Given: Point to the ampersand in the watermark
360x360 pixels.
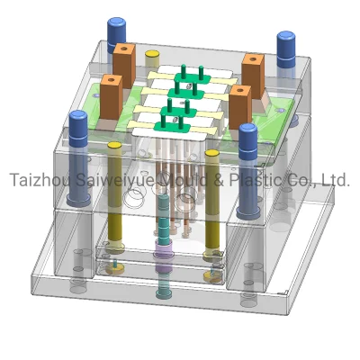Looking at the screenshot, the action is pyautogui.click(x=218, y=180).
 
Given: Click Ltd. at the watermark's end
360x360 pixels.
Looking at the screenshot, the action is pyautogui.click(x=336, y=180).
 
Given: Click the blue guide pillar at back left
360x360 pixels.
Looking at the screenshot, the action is pyautogui.click(x=116, y=31).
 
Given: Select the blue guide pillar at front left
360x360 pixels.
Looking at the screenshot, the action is pyautogui.click(x=78, y=158).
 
